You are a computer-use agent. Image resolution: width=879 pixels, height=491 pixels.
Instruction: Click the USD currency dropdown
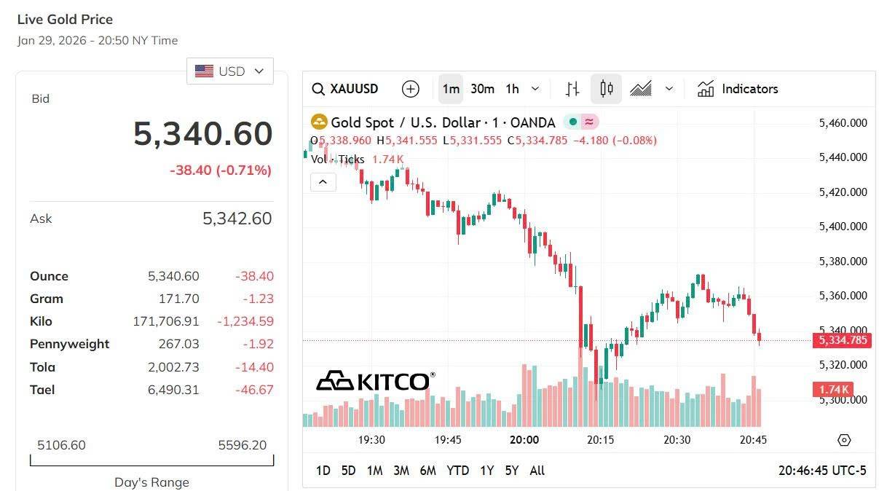click(x=230, y=71)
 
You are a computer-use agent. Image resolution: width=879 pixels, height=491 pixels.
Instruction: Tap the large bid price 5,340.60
click(x=202, y=134)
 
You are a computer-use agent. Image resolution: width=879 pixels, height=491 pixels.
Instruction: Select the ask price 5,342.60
click(x=237, y=219)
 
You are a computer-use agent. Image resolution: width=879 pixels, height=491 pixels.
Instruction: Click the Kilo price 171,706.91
click(x=166, y=321)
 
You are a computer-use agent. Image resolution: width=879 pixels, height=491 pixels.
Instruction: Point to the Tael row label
click(x=42, y=390)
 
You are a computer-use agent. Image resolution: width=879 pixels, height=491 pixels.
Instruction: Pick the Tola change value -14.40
click(x=254, y=367)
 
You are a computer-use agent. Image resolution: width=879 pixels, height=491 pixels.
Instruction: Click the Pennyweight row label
click(x=69, y=344)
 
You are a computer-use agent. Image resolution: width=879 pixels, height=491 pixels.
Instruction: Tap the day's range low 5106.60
click(x=61, y=445)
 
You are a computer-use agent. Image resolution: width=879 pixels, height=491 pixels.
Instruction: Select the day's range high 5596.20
click(x=243, y=445)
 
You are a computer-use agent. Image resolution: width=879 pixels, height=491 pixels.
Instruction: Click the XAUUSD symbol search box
click(x=346, y=89)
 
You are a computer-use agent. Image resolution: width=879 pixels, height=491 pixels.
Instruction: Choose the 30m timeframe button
click(x=482, y=89)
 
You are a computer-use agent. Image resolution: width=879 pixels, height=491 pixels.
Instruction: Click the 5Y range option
click(x=512, y=471)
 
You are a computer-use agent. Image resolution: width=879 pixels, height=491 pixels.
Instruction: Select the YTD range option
click(x=457, y=471)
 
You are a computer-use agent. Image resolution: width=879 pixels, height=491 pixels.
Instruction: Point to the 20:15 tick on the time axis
click(x=601, y=440)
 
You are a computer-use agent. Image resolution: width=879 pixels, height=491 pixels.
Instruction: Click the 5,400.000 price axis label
click(x=843, y=227)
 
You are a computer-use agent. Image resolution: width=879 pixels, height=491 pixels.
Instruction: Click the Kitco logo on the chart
click(x=375, y=381)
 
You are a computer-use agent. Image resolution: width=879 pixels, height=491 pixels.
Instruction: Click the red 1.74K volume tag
click(x=832, y=390)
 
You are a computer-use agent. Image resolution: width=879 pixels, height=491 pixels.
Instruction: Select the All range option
click(x=537, y=471)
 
